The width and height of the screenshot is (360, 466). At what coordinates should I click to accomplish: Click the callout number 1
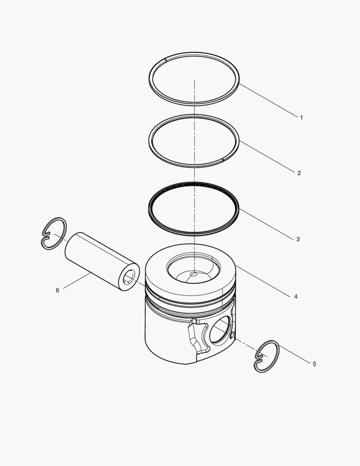[301, 117]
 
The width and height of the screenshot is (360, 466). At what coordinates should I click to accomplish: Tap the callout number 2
[299, 173]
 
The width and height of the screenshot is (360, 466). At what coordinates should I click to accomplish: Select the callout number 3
[298, 239]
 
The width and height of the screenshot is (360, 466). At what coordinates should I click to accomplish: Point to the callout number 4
[296, 296]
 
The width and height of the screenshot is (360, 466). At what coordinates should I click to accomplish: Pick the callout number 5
[314, 364]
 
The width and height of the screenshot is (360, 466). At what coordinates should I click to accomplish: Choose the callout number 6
[57, 290]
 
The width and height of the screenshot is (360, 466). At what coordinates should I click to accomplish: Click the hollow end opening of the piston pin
[129, 277]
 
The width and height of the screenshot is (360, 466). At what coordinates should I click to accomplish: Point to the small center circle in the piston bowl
[194, 274]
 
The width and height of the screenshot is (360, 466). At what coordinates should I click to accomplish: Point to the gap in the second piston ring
[222, 160]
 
